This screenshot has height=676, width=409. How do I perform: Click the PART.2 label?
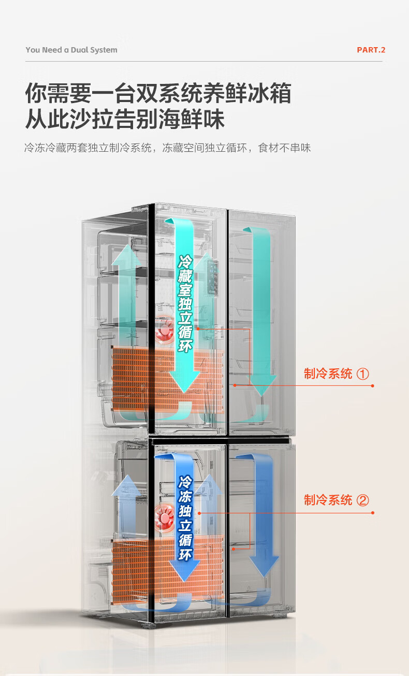tap(371, 50)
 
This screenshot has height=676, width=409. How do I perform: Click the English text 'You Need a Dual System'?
tap(71, 50)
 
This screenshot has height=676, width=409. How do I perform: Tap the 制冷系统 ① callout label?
tap(337, 373)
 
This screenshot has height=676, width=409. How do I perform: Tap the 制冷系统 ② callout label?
tap(337, 500)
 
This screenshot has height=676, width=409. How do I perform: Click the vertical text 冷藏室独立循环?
tap(185, 304)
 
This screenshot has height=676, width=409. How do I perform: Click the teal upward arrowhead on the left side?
tap(127, 255)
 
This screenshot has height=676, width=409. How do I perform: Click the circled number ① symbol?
tap(363, 374)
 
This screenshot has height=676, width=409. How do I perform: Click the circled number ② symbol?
tap(363, 500)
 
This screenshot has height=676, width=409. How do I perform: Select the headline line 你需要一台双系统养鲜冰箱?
tap(158, 93)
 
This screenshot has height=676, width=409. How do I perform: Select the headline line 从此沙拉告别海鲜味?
tap(125, 119)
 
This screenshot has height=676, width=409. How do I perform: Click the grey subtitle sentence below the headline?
tap(167, 148)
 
